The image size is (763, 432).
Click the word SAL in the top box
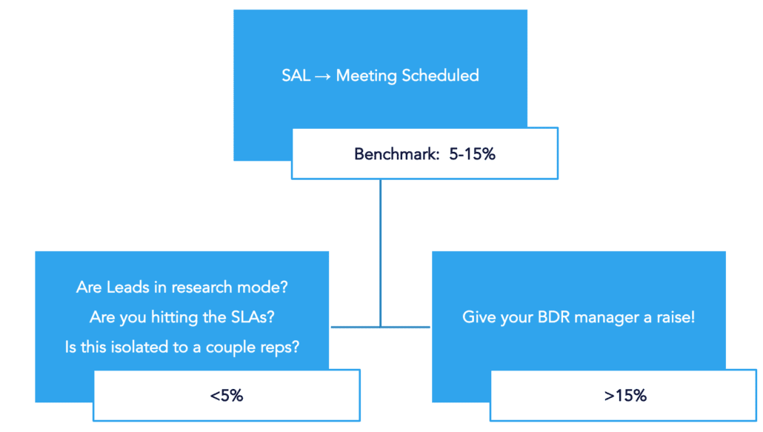coord(296,76)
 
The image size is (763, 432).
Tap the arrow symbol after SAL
coord(323,76)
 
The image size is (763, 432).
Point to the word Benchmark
coord(396,154)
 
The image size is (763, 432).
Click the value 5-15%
coord(472,154)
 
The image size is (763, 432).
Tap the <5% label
coord(226,396)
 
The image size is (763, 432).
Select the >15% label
coord(625,396)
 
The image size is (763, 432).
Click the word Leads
coord(128,287)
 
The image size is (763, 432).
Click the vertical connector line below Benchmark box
coord(381,253)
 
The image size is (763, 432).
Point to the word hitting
coord(175,318)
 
